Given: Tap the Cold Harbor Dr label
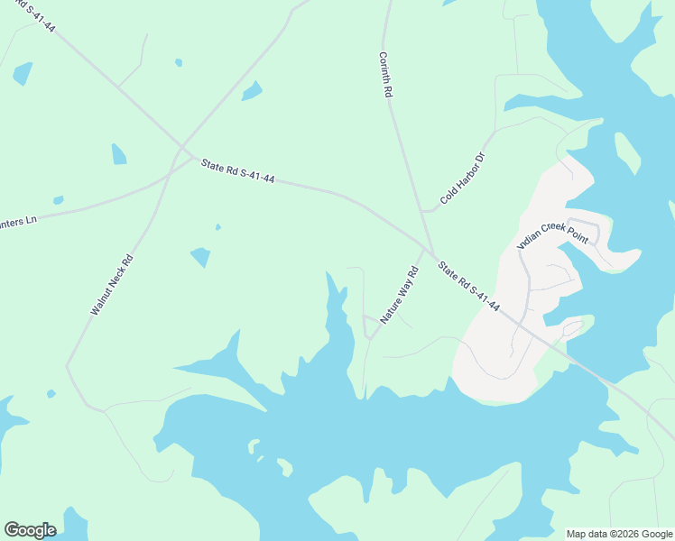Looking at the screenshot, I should point(463,178).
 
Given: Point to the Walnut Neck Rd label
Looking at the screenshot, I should point(112,284).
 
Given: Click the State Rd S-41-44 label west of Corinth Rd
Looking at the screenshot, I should point(237,171).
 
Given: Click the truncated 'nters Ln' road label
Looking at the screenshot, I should point(18,220).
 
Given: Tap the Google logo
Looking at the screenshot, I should point(30,530).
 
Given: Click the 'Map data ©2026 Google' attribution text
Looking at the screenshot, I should point(619,534).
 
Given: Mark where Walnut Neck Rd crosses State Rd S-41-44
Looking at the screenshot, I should point(180,150).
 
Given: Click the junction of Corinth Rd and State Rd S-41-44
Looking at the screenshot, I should point(431,252).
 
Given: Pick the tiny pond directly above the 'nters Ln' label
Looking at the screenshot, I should point(59,200).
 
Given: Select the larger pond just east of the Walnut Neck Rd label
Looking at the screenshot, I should point(200,257).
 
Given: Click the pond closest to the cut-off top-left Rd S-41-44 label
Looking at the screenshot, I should point(23,74).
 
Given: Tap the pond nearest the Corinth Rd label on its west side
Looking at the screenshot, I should point(252,91).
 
